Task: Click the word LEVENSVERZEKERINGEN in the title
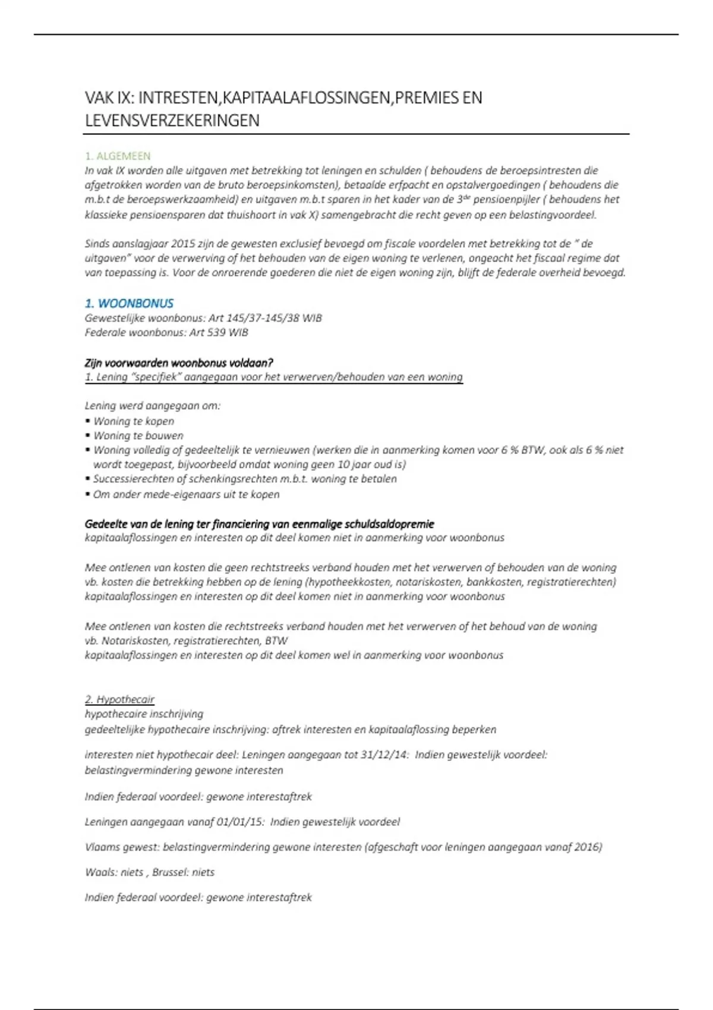(172, 121)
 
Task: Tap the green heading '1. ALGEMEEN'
(118, 156)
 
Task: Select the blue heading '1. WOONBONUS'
(129, 304)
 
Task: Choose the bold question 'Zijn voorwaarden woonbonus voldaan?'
(179, 362)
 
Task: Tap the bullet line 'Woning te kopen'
(134, 421)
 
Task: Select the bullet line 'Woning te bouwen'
(138, 435)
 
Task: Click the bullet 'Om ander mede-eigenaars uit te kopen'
(186, 494)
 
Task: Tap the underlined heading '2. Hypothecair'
(119, 699)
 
